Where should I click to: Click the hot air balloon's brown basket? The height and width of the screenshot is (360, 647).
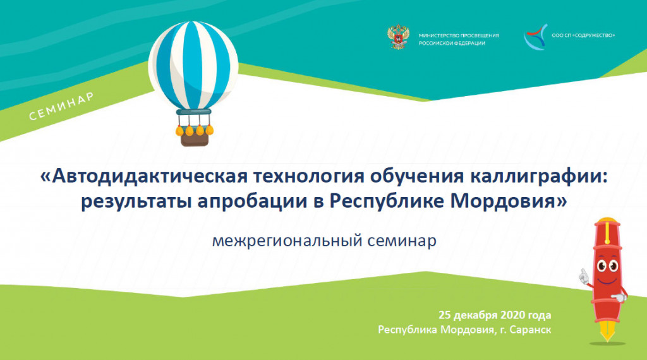click(x=195, y=140)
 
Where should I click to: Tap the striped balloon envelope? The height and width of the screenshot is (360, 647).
click(x=193, y=65)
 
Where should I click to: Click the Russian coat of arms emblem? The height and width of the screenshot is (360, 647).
click(x=398, y=37)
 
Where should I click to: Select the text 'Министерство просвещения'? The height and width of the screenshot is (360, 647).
click(x=459, y=35)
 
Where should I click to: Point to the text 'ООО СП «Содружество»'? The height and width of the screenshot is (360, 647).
click(x=583, y=35)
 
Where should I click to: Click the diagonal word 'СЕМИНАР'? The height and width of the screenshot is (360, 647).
click(x=61, y=106)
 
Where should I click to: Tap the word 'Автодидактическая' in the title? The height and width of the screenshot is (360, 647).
click(x=149, y=176)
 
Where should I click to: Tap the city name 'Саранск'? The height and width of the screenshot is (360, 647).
click(x=530, y=330)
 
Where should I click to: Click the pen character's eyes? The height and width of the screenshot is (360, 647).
click(x=607, y=265)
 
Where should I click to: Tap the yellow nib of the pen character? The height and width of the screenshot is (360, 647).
click(x=607, y=331)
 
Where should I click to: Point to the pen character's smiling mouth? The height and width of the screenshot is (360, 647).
click(x=607, y=280)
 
